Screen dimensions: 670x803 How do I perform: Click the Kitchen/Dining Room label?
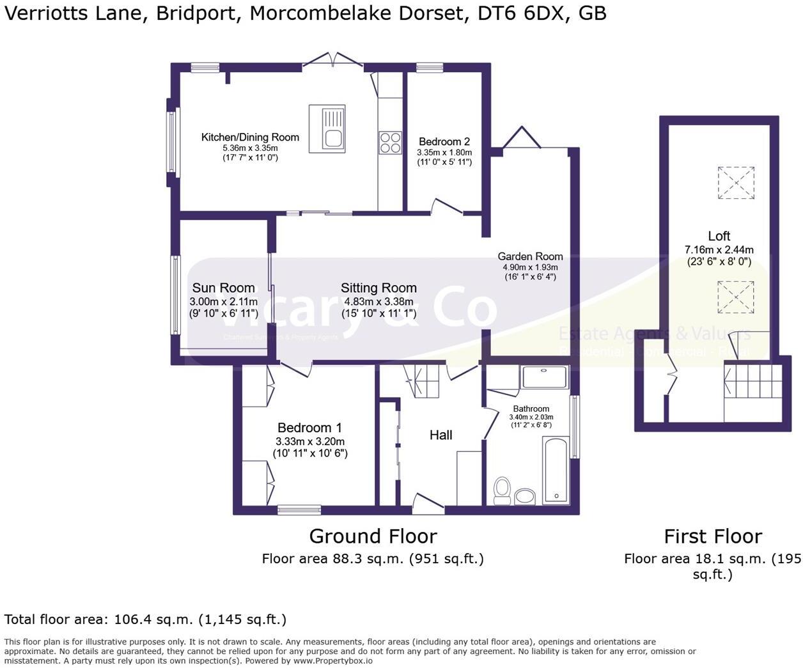[x=250, y=137]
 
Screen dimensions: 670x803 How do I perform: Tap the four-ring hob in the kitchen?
[x=391, y=143]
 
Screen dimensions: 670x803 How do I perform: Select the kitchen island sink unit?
[x=327, y=129]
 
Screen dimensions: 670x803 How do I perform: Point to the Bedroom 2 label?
[x=444, y=141]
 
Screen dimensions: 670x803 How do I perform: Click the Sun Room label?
[x=223, y=288]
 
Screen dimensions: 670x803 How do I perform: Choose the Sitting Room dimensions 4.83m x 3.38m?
[x=378, y=302]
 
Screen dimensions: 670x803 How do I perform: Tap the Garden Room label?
[x=530, y=256]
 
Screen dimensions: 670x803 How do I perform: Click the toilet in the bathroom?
[x=502, y=490]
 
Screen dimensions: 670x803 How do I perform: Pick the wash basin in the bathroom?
[x=526, y=496]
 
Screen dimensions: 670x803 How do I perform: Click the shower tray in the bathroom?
[x=545, y=377]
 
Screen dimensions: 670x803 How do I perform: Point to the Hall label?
[x=440, y=435]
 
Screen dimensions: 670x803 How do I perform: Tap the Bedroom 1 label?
[x=309, y=428]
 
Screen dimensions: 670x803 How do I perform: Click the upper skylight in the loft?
[x=736, y=183]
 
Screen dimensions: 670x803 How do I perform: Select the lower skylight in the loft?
[x=736, y=297]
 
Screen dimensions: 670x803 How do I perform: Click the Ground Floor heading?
[x=373, y=536]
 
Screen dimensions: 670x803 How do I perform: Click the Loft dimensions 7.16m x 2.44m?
[x=719, y=249]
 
